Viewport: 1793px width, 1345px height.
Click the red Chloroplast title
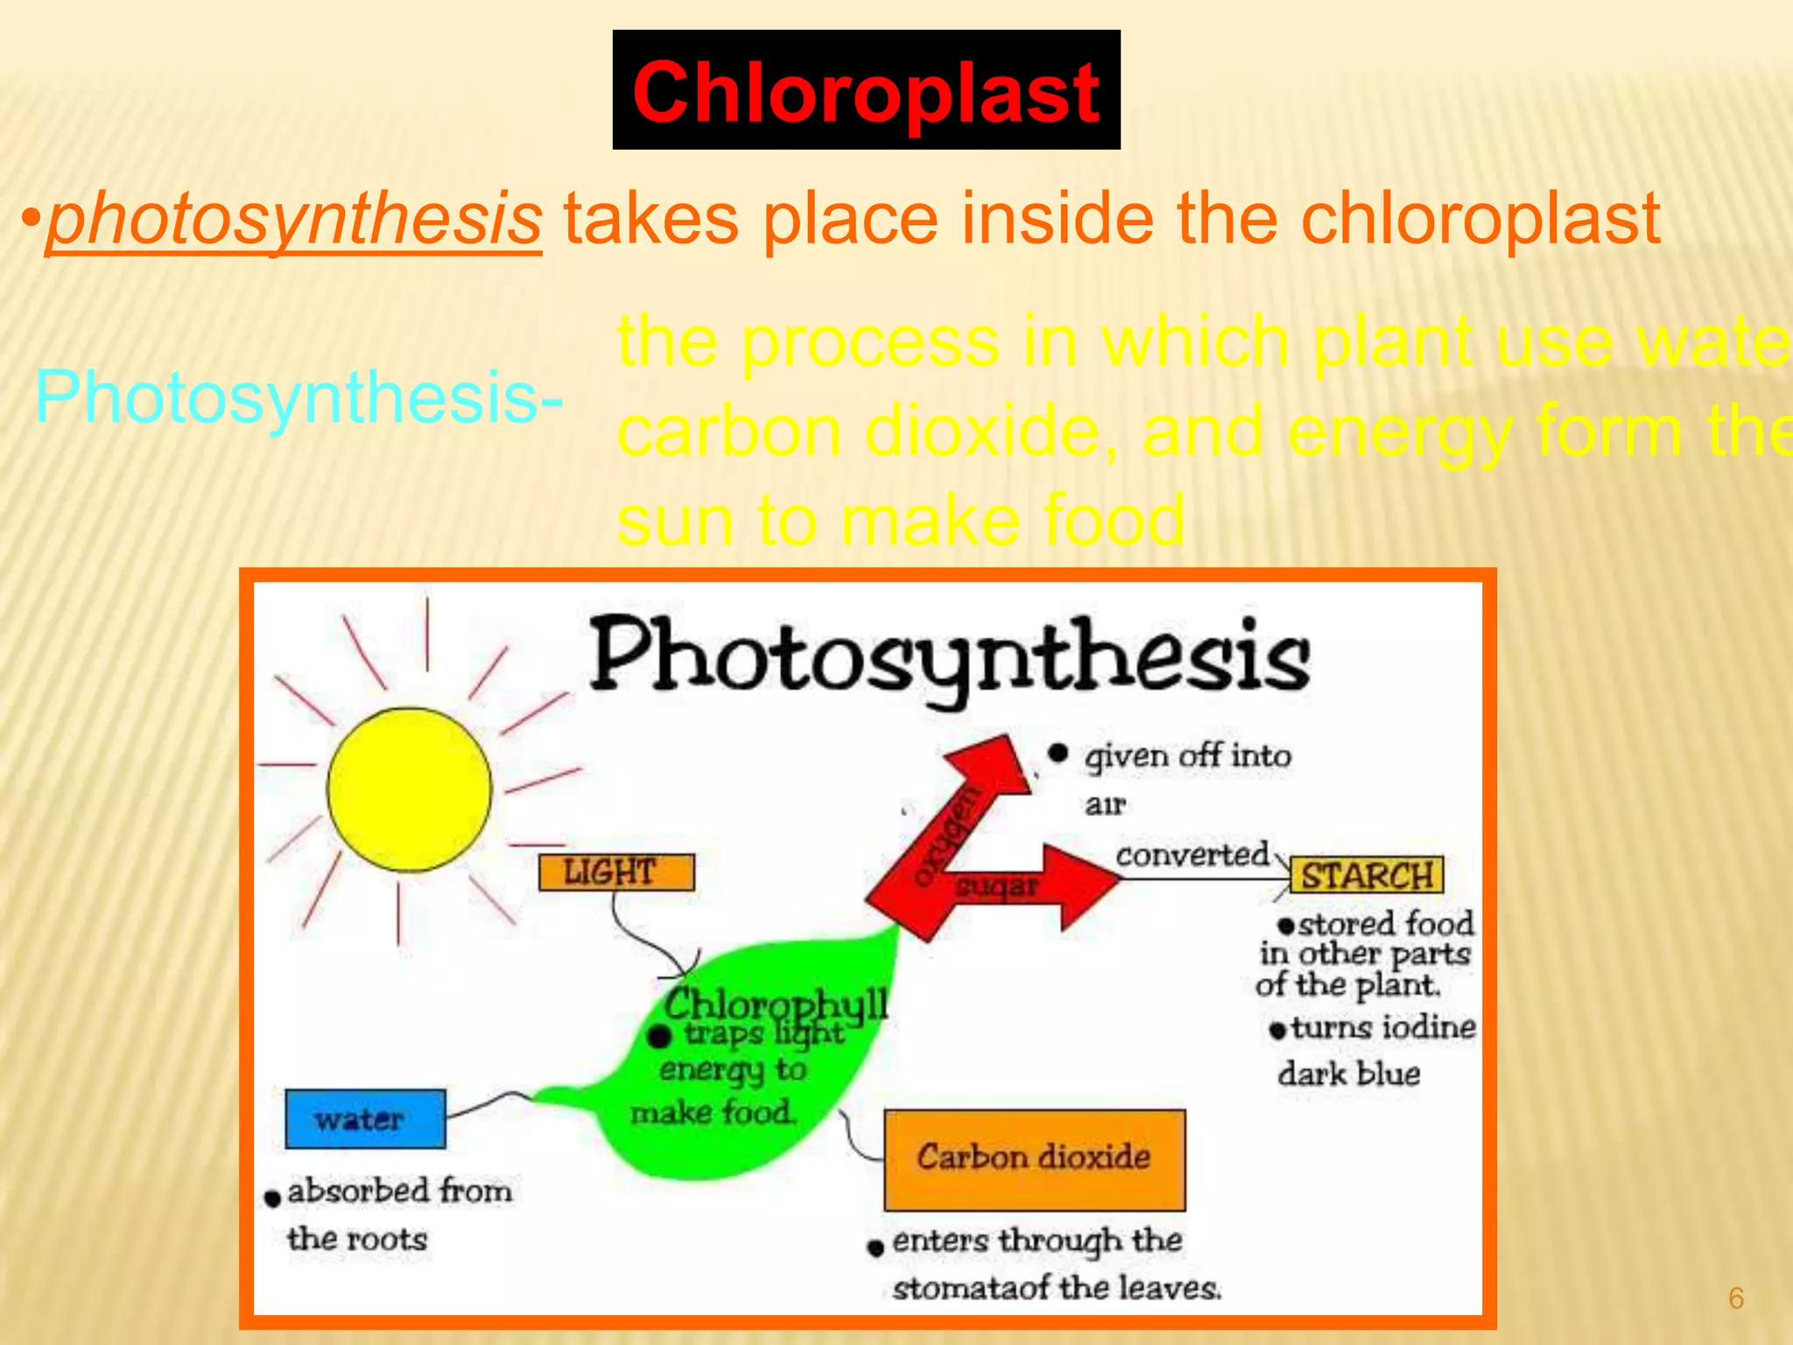click(x=866, y=92)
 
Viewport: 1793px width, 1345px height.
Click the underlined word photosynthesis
click(x=294, y=219)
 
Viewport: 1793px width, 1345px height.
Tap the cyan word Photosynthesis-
click(x=299, y=398)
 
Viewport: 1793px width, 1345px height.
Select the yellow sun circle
click(x=409, y=789)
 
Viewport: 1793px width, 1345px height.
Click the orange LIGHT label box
click(x=615, y=872)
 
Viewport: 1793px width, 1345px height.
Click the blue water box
click(x=364, y=1118)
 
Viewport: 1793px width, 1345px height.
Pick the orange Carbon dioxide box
click(x=1034, y=1158)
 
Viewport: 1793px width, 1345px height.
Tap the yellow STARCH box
click(x=1366, y=876)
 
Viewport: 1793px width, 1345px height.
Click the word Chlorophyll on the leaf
click(x=775, y=1003)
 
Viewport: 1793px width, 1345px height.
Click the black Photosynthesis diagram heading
click(x=950, y=657)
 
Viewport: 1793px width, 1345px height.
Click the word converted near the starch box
click(x=1192, y=854)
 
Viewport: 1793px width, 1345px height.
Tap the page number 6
click(x=1736, y=1298)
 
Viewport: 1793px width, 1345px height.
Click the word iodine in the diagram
click(x=1429, y=1026)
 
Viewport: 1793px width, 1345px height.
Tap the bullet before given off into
click(x=1058, y=753)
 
